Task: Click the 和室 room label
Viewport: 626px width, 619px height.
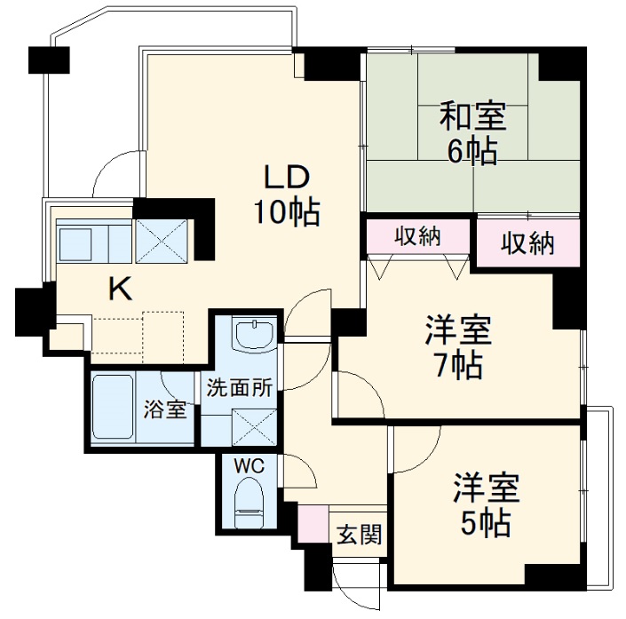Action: pos(472,116)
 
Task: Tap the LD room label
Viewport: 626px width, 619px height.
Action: pos(285,178)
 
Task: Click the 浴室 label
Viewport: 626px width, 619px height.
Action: pos(165,410)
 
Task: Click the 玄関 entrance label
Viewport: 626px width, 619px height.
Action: pos(359,534)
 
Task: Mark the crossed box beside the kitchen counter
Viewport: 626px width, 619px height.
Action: pos(161,240)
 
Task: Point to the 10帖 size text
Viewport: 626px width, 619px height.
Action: pos(285,212)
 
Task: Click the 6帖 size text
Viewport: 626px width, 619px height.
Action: pos(472,151)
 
